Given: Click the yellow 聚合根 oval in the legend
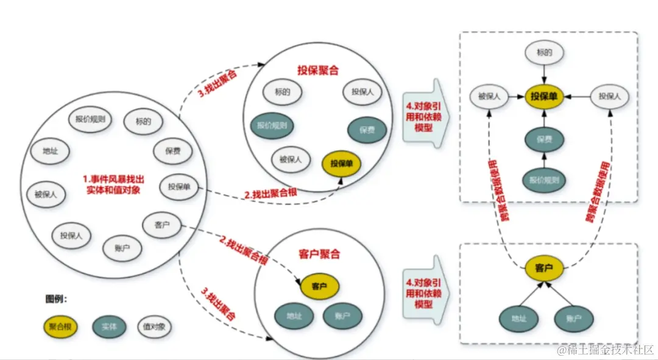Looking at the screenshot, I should tap(60, 326).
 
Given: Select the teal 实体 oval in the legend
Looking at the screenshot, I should tap(109, 326).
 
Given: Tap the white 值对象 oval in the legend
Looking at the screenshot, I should tap(154, 326).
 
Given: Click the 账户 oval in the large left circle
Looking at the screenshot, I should tap(123, 248).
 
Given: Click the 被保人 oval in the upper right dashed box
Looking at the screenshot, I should tap(489, 96).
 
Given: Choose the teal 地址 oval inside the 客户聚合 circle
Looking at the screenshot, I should tap(294, 316).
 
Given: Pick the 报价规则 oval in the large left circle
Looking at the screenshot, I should tap(90, 119).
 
